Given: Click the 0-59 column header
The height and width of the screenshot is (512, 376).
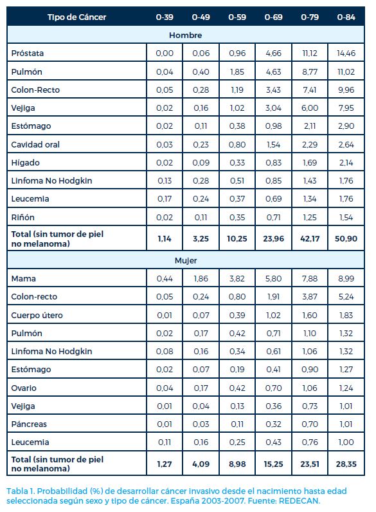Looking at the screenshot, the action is pyautogui.click(x=237, y=17).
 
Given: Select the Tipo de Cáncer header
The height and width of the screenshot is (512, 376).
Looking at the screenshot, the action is pyautogui.click(x=76, y=17).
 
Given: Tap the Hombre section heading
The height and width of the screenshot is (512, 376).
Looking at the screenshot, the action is pyautogui.click(x=185, y=35).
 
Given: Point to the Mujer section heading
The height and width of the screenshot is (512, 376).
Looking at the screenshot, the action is pyautogui.click(x=186, y=261).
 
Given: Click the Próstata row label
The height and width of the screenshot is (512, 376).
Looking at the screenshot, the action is pyautogui.click(x=28, y=53).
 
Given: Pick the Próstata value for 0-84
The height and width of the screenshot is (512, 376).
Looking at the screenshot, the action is pyautogui.click(x=346, y=53).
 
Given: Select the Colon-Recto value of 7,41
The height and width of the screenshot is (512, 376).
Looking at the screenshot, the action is pyautogui.click(x=310, y=90).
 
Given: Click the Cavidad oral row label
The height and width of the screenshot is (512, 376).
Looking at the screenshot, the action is pyautogui.click(x=35, y=144).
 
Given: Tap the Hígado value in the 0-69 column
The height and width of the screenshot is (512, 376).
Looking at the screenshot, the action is pyautogui.click(x=273, y=162).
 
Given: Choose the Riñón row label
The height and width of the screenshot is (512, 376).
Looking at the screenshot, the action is pyautogui.click(x=22, y=217).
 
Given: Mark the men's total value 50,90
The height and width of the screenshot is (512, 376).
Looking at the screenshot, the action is pyautogui.click(x=346, y=239).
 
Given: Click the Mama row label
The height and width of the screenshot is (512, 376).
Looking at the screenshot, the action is pyautogui.click(x=23, y=278).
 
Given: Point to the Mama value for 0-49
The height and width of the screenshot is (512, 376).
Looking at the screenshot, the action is pyautogui.click(x=201, y=278).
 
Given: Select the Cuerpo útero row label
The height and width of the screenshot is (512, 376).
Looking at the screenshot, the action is pyautogui.click(x=37, y=315).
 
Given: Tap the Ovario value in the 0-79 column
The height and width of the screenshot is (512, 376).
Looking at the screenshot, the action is pyautogui.click(x=310, y=388).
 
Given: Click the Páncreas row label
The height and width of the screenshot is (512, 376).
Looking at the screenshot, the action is pyautogui.click(x=29, y=424).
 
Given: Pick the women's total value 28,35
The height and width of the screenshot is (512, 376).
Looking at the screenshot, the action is pyautogui.click(x=346, y=464).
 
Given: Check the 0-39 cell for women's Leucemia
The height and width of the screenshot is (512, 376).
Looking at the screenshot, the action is pyautogui.click(x=165, y=442).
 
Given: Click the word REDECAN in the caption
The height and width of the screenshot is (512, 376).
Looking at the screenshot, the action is pyautogui.click(x=299, y=500).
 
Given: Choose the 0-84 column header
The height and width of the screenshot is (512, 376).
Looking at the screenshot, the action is pyautogui.click(x=346, y=17).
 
